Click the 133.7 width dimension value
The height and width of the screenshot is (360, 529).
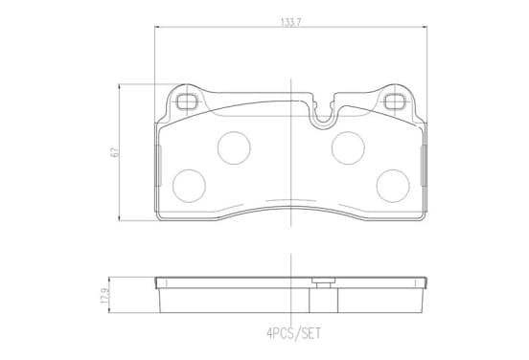pyautogui.click(x=290, y=22)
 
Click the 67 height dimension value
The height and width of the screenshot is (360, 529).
pyautogui.click(x=115, y=152)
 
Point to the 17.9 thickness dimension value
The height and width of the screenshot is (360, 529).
pyautogui.click(x=104, y=295)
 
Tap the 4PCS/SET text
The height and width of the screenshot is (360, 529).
pyautogui.click(x=294, y=334)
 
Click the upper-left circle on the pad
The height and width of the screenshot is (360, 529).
pyautogui.click(x=234, y=148)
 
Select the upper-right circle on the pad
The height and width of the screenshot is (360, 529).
pyautogui.click(x=348, y=148)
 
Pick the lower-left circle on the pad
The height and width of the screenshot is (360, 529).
pyautogui.click(x=189, y=186)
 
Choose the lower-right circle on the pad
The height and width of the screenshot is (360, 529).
pyautogui.click(x=393, y=186)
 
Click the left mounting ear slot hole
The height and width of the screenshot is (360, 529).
pyautogui.click(x=187, y=101)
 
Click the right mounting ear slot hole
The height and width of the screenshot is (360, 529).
pyautogui.click(x=395, y=101)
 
